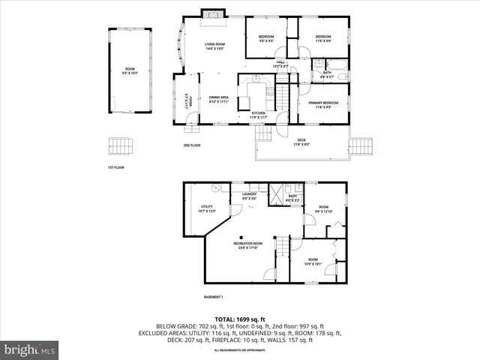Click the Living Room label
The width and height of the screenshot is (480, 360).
215,46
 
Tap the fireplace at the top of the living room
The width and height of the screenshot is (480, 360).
211,13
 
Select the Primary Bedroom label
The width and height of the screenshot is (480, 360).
323,104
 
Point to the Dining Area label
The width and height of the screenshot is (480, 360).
219,99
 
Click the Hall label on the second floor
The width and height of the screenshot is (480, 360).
280,64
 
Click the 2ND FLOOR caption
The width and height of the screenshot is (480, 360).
192,145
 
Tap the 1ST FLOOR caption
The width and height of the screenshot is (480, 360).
116,166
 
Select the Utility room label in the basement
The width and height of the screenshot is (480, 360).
206,209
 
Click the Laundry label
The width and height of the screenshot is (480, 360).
248,196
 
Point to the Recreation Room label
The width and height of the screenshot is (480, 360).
247,245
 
